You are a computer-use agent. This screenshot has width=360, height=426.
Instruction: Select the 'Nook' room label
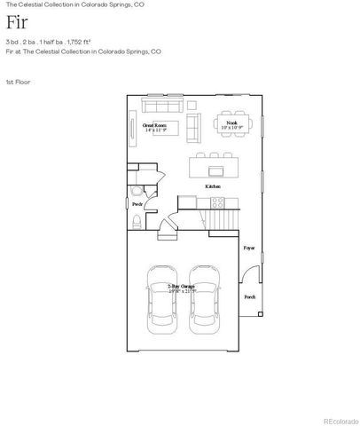click(x=231, y=122)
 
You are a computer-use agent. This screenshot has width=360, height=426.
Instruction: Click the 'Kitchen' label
click(x=213, y=187)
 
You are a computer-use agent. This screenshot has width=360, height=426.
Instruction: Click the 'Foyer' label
click(x=249, y=248)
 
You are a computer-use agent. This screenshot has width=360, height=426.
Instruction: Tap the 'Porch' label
click(x=249, y=297)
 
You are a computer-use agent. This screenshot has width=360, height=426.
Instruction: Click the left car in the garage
click(x=161, y=295)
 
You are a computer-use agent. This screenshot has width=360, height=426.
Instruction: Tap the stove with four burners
click(x=214, y=203)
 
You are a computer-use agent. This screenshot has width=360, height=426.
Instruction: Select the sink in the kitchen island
click(x=215, y=166)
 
